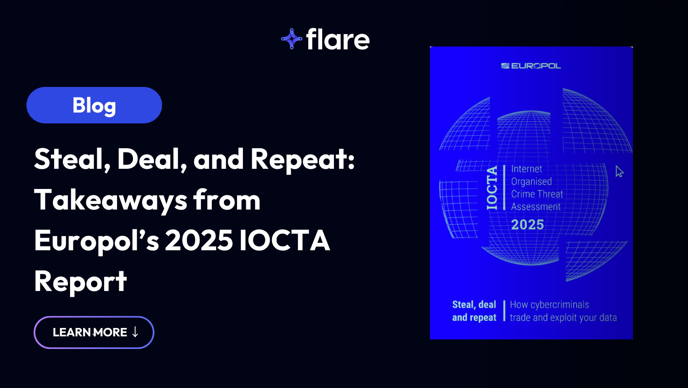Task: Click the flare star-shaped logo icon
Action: coord(292,39)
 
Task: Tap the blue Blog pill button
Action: coord(94,105)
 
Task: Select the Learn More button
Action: coord(94,332)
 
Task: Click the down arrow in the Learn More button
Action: coord(135,332)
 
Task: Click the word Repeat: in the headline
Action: coord(303,160)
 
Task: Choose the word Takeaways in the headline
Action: coord(111,200)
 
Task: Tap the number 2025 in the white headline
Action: coord(199,241)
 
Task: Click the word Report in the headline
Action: coord(81,281)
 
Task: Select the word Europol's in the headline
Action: coord(97,241)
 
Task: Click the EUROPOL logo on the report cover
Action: coord(531,66)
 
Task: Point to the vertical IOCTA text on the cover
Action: coord(492,188)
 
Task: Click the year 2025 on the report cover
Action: coord(527,225)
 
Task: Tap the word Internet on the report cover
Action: coord(526,169)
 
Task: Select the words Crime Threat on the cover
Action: coord(537,194)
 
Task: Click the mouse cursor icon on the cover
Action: coord(620,172)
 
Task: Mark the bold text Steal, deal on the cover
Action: coord(474,305)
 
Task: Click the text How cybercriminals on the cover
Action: coord(550,305)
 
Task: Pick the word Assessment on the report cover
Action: coord(536,207)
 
